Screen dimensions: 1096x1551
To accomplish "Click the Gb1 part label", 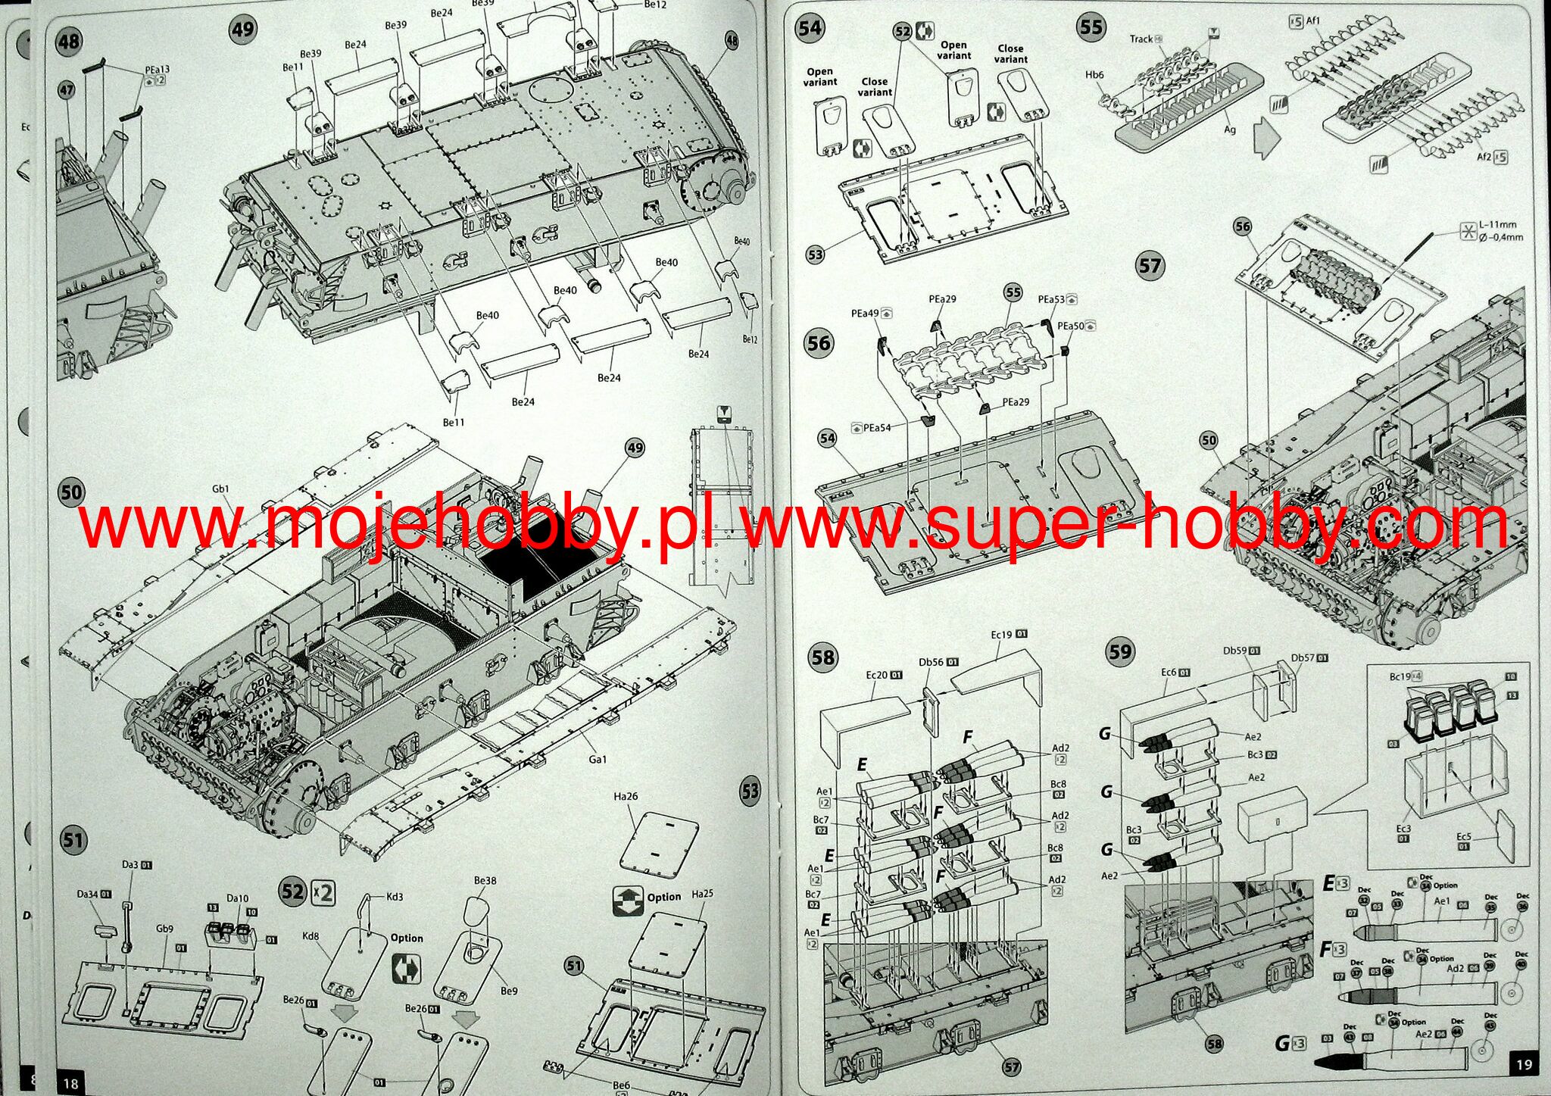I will (x=220, y=489).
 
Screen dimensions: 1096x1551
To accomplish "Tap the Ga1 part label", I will (x=598, y=759).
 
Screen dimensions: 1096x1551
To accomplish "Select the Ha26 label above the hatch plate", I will (x=626, y=796).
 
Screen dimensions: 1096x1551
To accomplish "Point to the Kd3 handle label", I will (x=395, y=897).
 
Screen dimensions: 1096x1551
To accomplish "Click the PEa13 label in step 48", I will (x=158, y=70).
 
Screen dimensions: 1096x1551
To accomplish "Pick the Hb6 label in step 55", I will (x=1094, y=75).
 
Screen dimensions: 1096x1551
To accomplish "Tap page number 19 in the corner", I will (x=1524, y=1064).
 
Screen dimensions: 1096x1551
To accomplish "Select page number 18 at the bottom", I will (x=70, y=1083).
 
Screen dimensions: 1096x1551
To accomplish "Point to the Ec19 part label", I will (x=1001, y=635).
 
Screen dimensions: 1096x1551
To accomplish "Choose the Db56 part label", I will (x=931, y=662).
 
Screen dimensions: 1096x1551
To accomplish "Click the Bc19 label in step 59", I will (x=1400, y=676).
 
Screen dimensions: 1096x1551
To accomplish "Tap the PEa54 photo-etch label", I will (x=877, y=428).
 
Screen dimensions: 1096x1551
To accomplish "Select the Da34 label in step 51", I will (x=88, y=894).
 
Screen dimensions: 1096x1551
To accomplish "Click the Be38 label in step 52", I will (x=485, y=880).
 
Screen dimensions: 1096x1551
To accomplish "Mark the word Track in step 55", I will (x=1141, y=39).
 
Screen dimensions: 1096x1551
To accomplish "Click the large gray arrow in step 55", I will (x=1264, y=136).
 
